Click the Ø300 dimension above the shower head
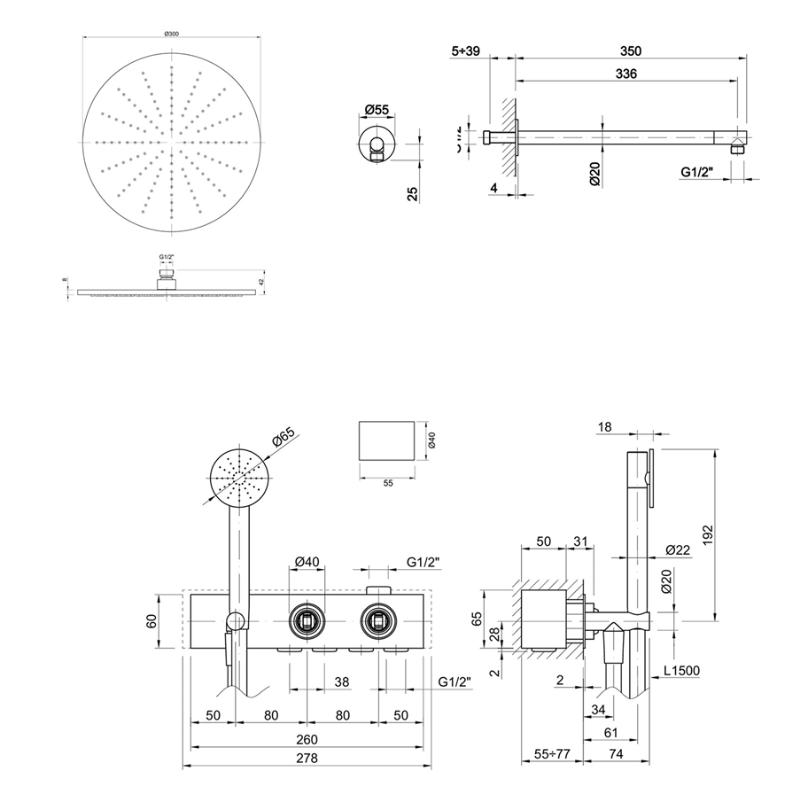click(172, 33)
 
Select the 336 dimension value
click(625, 75)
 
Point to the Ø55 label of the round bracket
click(377, 110)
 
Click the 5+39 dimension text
click(465, 51)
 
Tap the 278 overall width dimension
click(307, 759)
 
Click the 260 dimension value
click(307, 740)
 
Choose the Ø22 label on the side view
click(678, 550)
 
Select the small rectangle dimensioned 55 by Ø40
click(385, 440)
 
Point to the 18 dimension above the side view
click(605, 427)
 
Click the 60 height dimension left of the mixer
click(151, 623)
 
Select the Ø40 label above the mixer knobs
click(307, 562)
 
